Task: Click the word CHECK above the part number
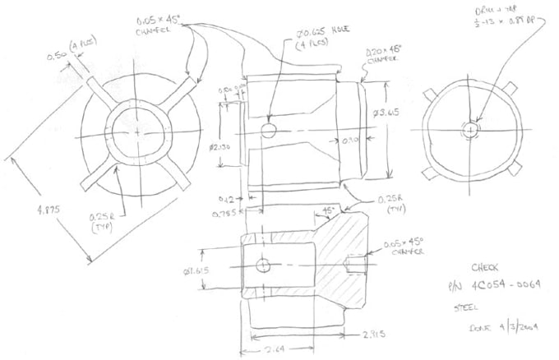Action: [483, 267]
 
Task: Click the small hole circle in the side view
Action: [267, 131]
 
